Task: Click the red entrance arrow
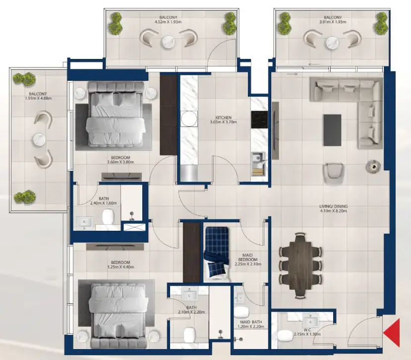(393, 332)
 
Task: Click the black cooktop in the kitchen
(259, 120)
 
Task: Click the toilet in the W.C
(285, 336)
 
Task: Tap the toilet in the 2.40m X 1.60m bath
(109, 216)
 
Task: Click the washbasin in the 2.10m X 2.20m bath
(190, 295)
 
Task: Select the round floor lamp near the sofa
(372, 166)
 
